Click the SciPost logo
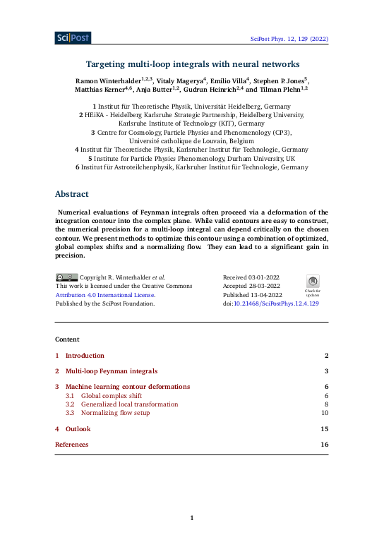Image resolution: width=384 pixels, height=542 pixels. click(x=73, y=38)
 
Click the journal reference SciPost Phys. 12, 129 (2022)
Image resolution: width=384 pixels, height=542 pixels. click(x=289, y=40)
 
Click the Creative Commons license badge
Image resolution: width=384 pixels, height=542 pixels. click(x=67, y=277)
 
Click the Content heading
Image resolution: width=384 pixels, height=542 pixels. click(x=67, y=339)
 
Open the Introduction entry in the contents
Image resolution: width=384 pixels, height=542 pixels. click(x=85, y=356)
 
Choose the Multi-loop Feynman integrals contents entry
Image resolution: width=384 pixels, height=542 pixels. click(x=112, y=371)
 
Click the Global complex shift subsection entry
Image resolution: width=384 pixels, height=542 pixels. click(x=111, y=396)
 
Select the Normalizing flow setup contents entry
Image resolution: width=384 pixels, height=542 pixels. click(x=115, y=413)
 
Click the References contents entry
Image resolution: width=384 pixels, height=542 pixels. click(x=72, y=445)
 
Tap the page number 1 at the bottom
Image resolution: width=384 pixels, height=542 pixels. click(x=192, y=519)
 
